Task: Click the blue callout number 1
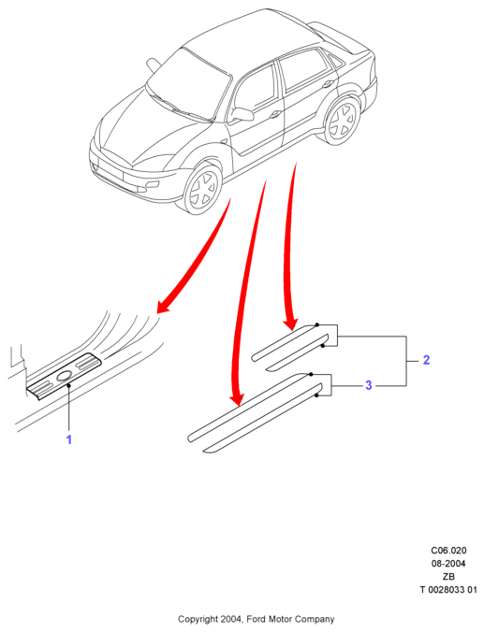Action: coord(69,438)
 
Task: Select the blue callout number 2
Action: coord(426,360)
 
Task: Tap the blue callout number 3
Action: coord(368,385)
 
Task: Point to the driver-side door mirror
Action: coord(242,114)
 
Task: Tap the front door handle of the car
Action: coord(276,114)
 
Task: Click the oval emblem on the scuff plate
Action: coord(65,377)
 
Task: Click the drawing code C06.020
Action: coord(448,550)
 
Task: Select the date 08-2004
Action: coord(448,564)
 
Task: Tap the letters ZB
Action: coord(448,577)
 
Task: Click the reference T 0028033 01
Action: coord(448,590)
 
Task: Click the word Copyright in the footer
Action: coord(198,619)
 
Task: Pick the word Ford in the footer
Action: coord(257,619)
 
